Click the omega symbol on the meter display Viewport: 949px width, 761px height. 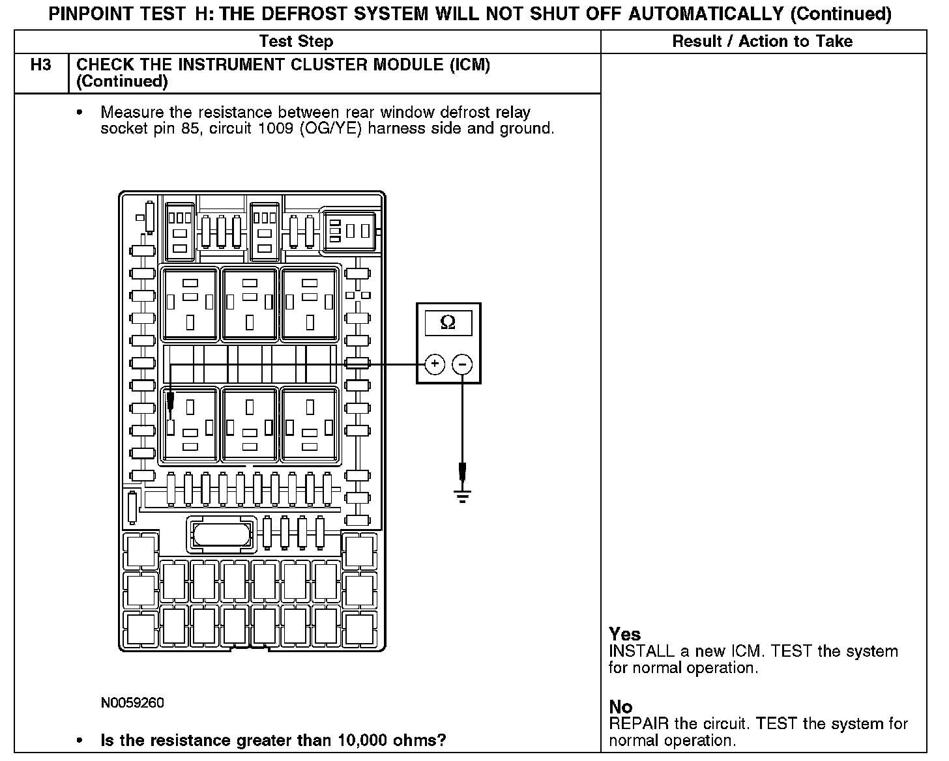448,323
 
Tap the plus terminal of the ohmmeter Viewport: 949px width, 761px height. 435,364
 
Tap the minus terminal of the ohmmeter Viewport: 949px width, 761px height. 462,364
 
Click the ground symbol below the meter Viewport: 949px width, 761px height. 462,496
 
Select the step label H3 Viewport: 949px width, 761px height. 41,65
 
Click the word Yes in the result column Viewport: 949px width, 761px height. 624,634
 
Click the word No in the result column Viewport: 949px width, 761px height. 620,707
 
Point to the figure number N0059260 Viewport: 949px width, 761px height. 132,703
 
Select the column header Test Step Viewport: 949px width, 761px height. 296,42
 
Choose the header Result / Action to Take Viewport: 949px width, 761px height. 762,42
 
